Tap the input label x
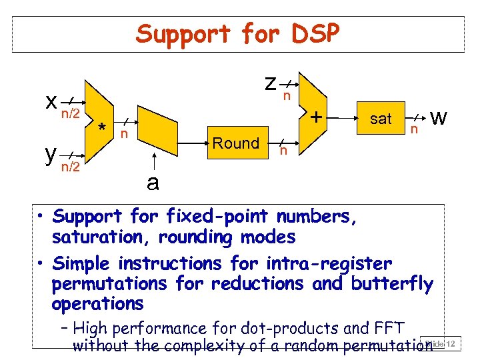(51, 101)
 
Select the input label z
(270, 83)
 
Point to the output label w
(439, 118)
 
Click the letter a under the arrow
(153, 182)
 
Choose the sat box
(381, 119)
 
